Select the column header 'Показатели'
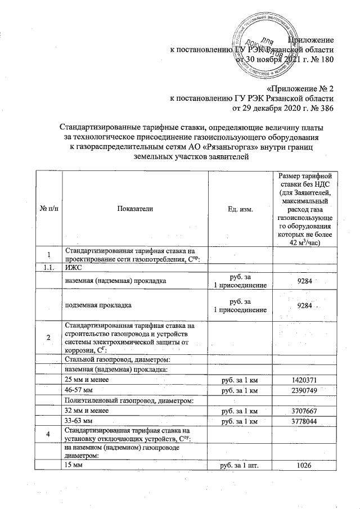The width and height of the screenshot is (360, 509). pos(135,209)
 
